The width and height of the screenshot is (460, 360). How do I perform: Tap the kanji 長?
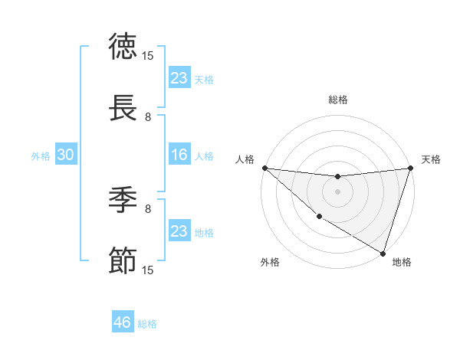pos(123,107)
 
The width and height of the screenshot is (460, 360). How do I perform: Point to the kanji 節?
pos(123,260)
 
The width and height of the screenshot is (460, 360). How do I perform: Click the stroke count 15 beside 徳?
pos(148,55)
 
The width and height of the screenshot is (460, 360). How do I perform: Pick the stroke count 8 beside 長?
pos(148,116)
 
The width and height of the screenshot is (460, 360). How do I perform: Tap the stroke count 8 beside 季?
pos(148,208)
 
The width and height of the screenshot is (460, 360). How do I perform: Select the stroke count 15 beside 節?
pos(148,270)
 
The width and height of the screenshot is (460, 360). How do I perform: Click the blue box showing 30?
pos(65,155)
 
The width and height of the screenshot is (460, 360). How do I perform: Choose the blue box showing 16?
pos(179,155)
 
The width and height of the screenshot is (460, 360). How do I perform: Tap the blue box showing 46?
pos(122,322)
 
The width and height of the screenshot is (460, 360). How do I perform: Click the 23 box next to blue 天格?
pos(179,78)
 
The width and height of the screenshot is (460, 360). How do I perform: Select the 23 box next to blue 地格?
pos(179,231)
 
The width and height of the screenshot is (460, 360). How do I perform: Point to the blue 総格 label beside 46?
pos(147,324)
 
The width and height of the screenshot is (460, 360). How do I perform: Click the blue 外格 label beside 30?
pos(41,156)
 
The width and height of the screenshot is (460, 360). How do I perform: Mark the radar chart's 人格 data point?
pos(264,168)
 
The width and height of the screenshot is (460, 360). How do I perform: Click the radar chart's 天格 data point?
pos(410,168)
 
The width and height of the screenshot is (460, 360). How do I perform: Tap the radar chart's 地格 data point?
pos(383,253)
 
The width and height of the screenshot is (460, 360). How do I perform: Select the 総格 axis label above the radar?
pos(337,100)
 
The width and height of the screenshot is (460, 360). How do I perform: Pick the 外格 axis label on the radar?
pos(270,263)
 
